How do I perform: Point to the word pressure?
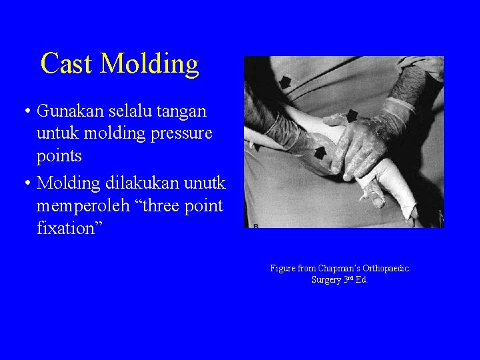[x=181, y=133]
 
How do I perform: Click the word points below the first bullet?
[x=59, y=157]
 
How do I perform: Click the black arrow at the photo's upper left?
[x=285, y=82]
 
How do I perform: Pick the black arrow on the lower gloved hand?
[x=320, y=153]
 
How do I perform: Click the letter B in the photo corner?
[x=255, y=227]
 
